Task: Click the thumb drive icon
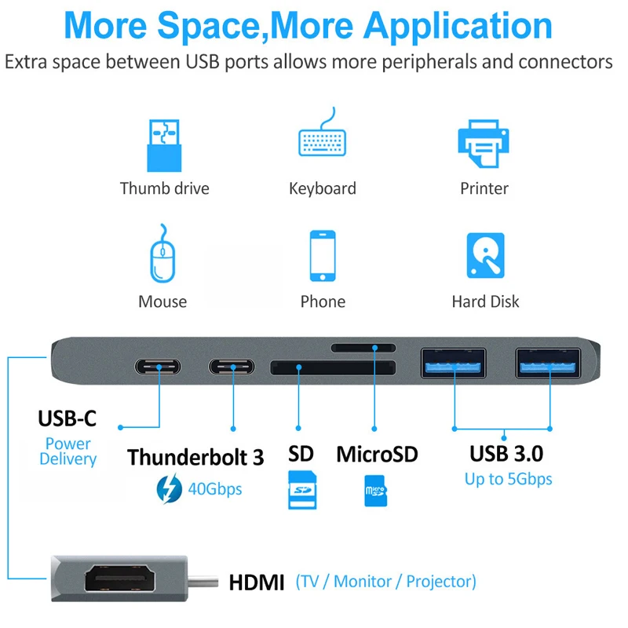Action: point(164,145)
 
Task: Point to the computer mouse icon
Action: point(162,256)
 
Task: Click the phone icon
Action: point(323,256)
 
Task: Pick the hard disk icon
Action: point(485,257)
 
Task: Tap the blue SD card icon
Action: point(300,490)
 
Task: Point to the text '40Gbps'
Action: point(214,489)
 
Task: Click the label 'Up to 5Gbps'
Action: point(508,479)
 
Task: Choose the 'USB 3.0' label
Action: point(506,453)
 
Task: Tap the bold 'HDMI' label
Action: point(257,582)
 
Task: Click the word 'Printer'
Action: point(484,188)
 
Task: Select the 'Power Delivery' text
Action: point(68,451)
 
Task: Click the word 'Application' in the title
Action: point(459,25)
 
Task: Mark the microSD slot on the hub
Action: point(363,347)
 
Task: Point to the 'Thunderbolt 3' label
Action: point(195,457)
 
